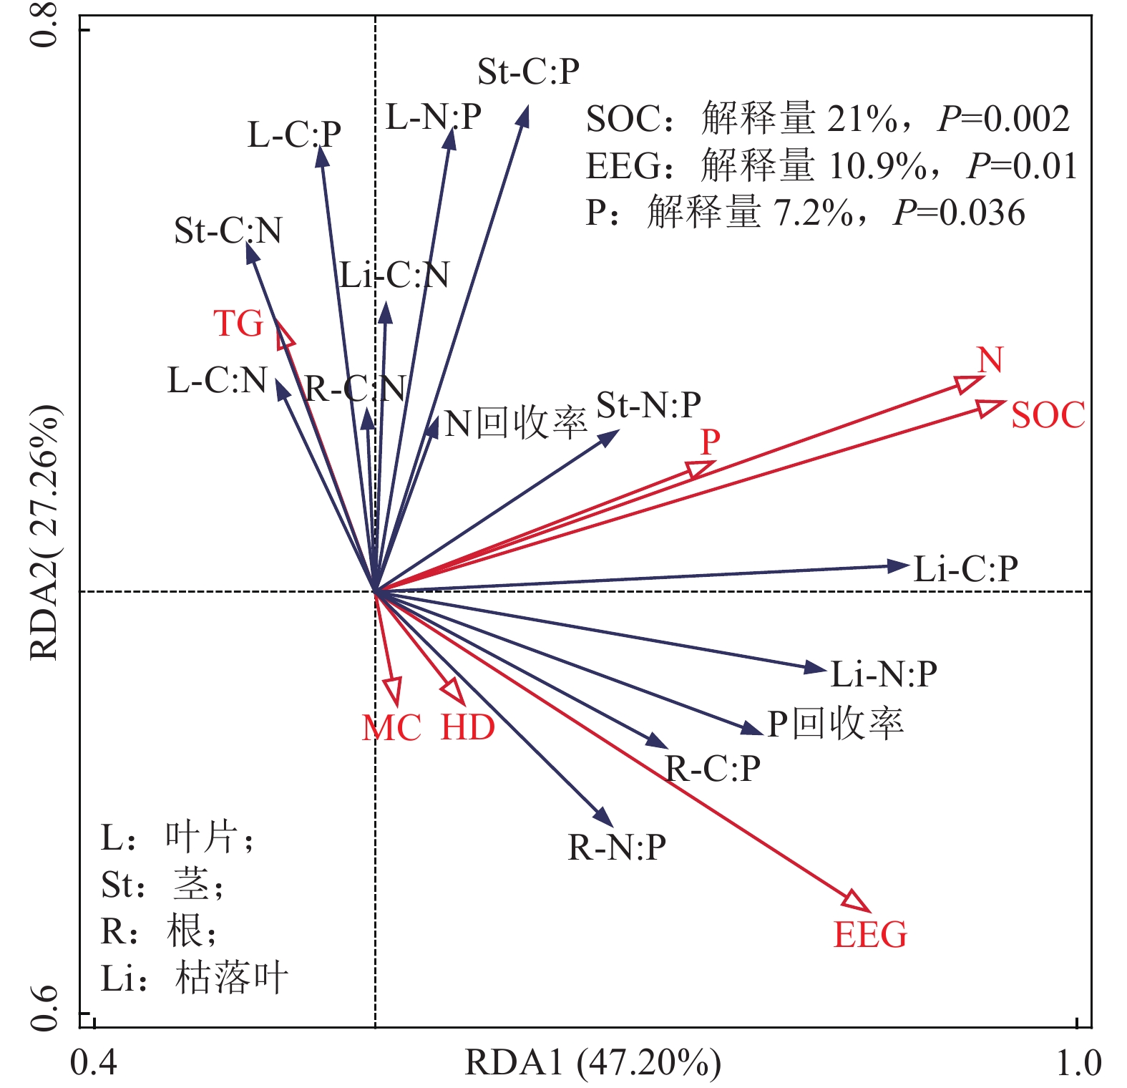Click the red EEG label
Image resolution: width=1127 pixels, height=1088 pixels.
tap(870, 936)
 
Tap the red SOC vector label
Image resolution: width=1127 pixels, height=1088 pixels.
tap(1048, 416)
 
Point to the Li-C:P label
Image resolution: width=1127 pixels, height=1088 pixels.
tap(965, 570)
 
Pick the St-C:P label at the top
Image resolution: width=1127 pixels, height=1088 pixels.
tap(528, 72)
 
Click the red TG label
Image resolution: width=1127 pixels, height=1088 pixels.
tap(239, 324)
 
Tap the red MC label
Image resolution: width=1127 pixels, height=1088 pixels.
tap(391, 729)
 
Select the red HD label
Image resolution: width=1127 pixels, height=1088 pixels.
tap(468, 728)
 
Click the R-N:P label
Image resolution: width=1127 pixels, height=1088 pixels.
tap(617, 848)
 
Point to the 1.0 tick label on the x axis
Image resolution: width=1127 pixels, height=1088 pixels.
tap(1078, 1064)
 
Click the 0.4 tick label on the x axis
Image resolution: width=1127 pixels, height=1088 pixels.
tap(94, 1064)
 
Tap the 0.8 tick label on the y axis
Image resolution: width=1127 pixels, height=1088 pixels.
tap(44, 26)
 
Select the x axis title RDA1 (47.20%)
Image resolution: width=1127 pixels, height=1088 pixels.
tap(592, 1063)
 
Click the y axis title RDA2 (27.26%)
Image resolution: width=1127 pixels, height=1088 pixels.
tap(44, 533)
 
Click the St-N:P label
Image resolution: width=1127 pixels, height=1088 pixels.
tap(648, 406)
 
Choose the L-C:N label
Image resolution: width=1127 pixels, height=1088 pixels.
tap(217, 381)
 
